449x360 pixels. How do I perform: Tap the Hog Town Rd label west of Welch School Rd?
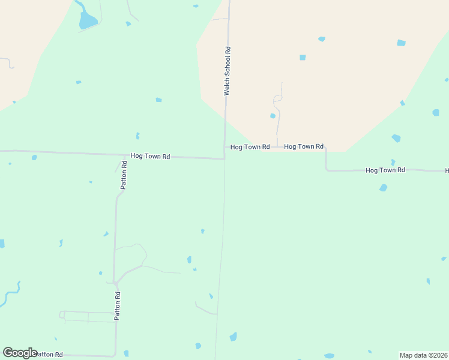151,157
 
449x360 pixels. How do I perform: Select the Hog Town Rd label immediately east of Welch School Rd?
250,147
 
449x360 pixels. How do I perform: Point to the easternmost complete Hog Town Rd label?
385,170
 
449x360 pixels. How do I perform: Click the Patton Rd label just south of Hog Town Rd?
124,175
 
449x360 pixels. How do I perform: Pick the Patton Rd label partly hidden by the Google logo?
50,355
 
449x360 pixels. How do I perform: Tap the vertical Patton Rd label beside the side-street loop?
118,305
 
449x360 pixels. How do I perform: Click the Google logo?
20,353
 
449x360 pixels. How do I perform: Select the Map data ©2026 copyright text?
424,355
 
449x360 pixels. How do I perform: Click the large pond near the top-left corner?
87,22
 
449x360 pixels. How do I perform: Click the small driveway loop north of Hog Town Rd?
277,98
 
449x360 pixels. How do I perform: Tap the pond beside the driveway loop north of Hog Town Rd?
273,116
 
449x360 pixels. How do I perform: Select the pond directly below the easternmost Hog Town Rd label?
383,188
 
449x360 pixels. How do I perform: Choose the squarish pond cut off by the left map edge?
2,244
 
